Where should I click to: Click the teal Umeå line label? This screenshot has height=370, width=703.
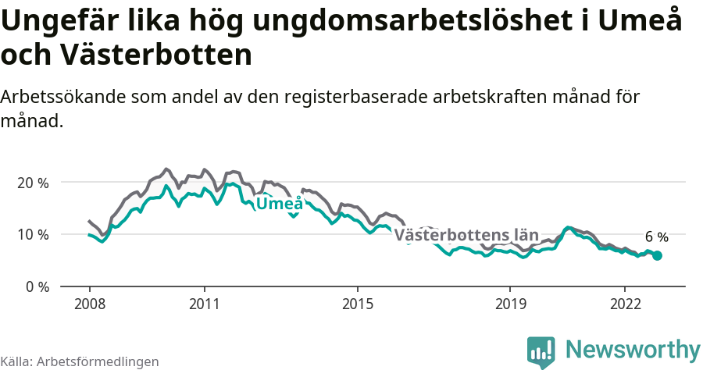(280, 205)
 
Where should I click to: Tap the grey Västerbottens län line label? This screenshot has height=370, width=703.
(466, 235)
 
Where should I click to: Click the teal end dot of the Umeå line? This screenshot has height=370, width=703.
(657, 255)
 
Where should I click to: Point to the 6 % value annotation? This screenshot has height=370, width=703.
(656, 237)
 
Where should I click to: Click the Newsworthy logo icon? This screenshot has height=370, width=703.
(541, 352)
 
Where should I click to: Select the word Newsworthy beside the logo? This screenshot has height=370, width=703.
(633, 349)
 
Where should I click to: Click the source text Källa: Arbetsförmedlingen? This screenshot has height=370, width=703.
(80, 361)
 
